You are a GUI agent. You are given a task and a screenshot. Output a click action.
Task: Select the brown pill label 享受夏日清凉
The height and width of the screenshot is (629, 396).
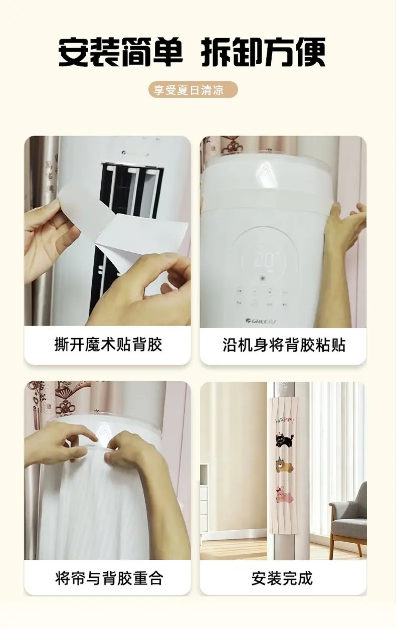coord(193,90)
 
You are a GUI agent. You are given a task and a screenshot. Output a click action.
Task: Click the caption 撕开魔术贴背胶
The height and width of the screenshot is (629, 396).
coord(108,344)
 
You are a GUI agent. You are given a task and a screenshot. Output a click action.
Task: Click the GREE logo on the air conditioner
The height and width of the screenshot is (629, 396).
coord(261,321)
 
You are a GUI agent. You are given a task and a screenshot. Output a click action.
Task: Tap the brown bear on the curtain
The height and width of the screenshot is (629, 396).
coord(284,465)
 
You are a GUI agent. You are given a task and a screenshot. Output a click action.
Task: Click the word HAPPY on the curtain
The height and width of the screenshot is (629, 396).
coord(284,420)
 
